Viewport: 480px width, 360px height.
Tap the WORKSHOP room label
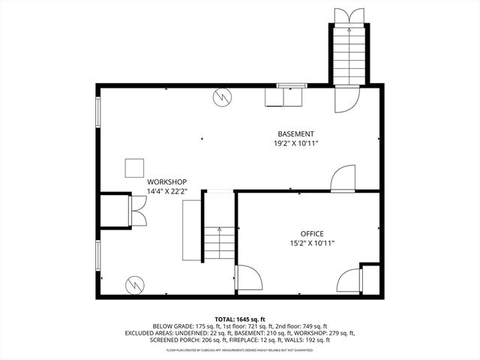point(166,181)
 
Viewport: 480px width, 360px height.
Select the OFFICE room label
point(313,233)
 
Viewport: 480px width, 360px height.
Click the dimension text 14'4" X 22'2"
point(166,191)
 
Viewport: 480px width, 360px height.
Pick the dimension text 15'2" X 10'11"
point(313,243)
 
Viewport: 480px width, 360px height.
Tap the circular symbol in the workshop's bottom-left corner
point(134,284)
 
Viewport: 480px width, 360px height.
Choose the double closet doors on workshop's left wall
point(138,211)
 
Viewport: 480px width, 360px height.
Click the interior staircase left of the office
point(219,241)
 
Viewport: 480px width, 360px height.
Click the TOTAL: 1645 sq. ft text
point(241,319)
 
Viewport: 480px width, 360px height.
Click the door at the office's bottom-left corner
point(247,278)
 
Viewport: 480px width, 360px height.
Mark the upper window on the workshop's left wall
point(97,113)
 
